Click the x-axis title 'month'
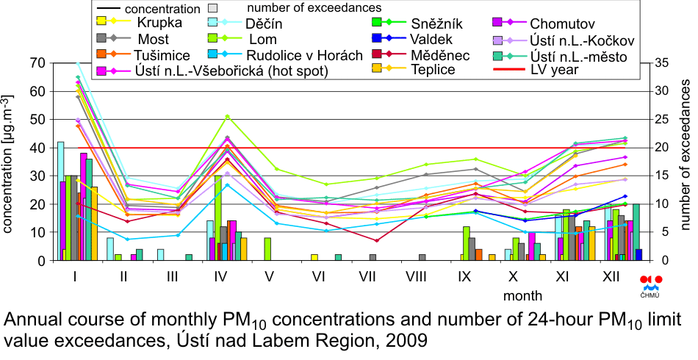523,296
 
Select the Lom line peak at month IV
228,116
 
